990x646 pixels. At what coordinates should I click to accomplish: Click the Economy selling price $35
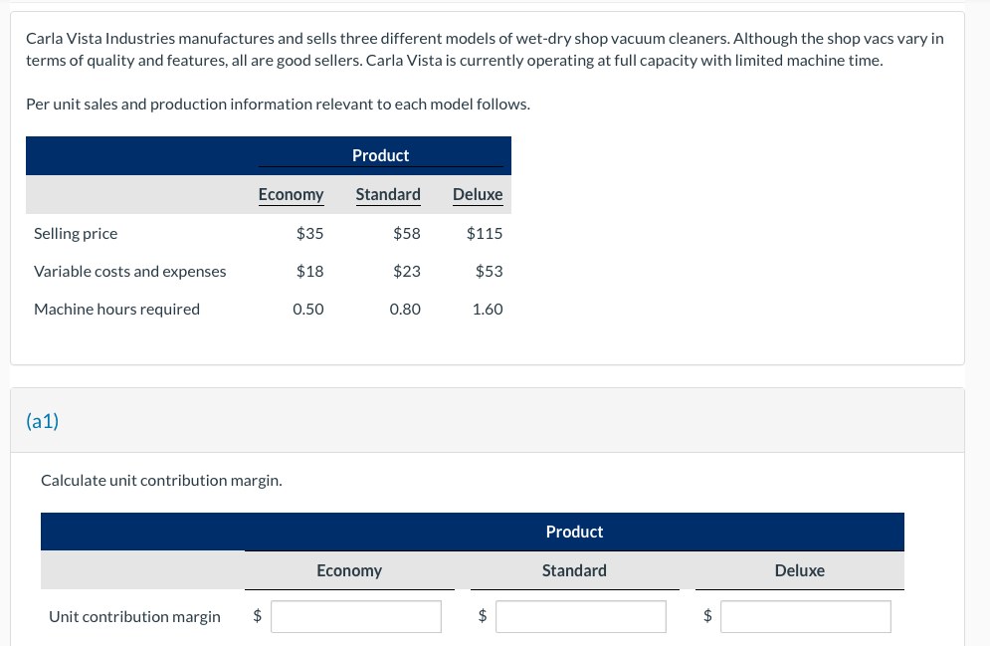309,234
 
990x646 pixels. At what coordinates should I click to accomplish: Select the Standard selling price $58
406,234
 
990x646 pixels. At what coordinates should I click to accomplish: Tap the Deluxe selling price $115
485,234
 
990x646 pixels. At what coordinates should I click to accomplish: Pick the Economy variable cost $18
309,271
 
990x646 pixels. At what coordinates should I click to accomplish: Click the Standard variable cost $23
406,271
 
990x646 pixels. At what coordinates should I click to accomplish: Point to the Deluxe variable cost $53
489,271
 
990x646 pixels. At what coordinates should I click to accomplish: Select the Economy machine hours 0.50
308,309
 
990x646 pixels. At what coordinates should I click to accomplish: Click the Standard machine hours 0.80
405,309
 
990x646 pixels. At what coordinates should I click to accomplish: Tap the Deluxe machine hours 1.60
488,309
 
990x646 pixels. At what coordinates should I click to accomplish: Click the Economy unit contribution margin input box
356,617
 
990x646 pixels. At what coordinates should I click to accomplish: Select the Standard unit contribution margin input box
581,617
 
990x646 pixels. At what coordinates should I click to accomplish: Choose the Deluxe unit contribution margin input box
806,617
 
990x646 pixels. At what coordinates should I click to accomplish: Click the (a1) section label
43,421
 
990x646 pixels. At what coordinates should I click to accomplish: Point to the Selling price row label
76,234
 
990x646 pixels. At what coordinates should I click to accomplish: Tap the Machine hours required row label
116,309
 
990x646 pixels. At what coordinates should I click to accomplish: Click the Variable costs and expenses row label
129,271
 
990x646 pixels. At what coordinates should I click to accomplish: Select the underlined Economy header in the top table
291,194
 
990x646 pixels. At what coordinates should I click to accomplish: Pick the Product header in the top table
380,155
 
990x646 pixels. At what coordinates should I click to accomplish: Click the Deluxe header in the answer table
799,570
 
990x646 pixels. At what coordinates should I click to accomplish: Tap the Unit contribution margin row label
134,617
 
